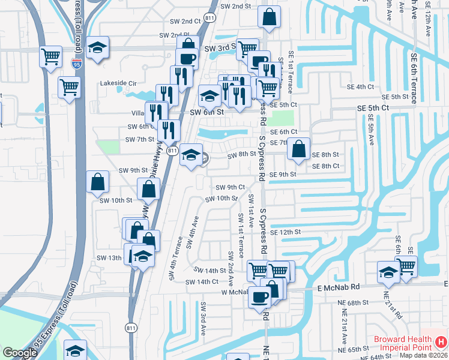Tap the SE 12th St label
coord(285,232)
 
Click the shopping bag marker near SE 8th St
coord(298,149)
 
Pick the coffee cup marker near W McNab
coord(260,296)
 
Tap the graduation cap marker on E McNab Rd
coord(388,272)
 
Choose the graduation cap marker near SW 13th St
coord(142,256)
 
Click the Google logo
coord(20,353)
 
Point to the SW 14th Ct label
coord(202,281)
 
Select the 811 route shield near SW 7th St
coord(172,151)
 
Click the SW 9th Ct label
coord(230,187)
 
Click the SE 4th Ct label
coord(360,86)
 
